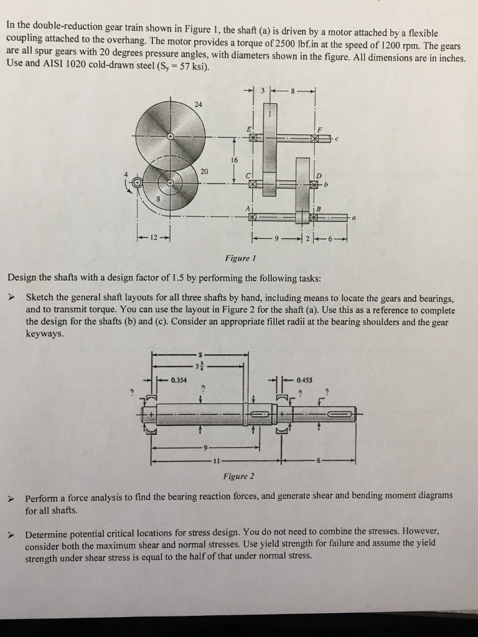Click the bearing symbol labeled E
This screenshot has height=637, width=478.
coord(253,137)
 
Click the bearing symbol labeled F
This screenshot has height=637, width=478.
coord(322,137)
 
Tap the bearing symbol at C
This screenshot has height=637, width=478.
coord(253,184)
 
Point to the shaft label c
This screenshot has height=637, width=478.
coord(336,138)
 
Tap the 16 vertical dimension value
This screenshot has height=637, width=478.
coord(235,160)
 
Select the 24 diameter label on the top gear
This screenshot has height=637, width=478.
coord(198,104)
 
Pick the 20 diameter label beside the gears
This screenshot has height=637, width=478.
coord(205,171)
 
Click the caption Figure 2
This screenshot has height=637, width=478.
coord(239,477)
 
